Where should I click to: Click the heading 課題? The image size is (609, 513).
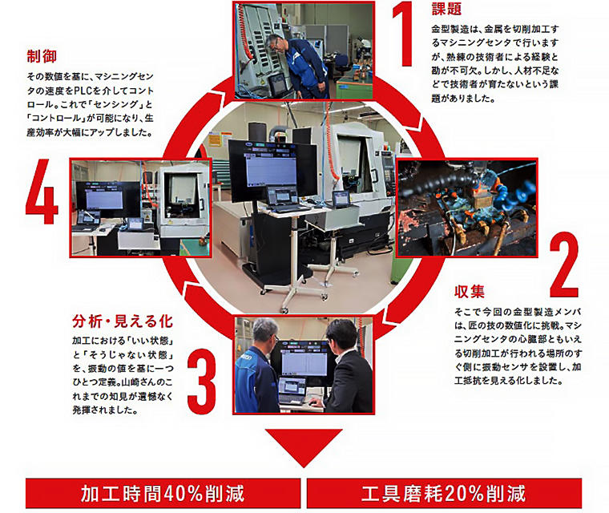click(x=448, y=10)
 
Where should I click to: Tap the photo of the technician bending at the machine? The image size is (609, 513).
click(x=304, y=50)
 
